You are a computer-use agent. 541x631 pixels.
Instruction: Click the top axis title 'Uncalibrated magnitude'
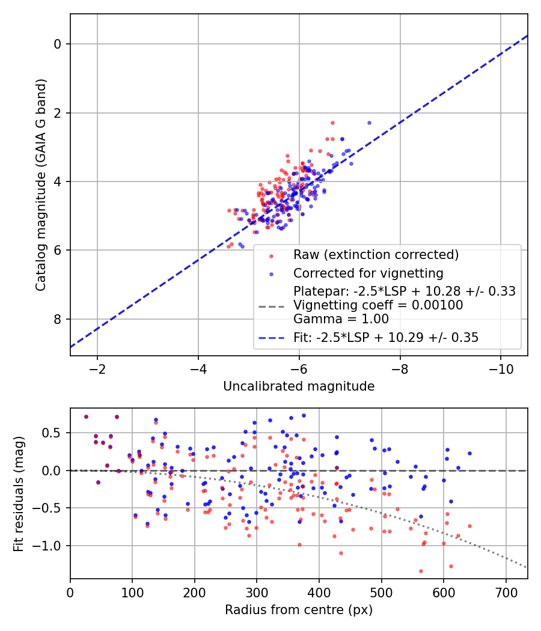pos(299,386)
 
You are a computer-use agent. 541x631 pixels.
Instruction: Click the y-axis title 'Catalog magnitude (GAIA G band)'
pos(41,185)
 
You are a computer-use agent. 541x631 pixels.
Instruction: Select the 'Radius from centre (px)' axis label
pos(299,610)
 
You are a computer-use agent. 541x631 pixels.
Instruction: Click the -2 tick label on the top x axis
pos(97,369)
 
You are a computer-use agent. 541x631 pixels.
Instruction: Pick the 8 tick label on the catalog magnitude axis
pos(58,319)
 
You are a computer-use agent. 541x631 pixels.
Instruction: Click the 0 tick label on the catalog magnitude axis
pos(58,44)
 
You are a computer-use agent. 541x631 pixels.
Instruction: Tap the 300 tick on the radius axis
pos(257,593)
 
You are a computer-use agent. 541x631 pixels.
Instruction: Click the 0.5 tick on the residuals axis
pos(54,433)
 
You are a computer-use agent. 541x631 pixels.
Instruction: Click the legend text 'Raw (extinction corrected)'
pos(376,255)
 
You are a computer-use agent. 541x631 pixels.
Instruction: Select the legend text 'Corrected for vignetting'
pos(368,273)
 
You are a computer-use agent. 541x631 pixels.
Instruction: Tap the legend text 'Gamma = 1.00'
pos(341,319)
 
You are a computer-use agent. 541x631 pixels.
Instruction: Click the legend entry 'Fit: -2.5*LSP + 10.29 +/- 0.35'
pos(386,338)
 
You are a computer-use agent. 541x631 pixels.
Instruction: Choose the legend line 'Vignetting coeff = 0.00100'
pos(378,305)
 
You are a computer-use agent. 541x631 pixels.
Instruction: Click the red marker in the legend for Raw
pos(271,255)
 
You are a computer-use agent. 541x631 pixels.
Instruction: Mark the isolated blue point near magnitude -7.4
pos(369,123)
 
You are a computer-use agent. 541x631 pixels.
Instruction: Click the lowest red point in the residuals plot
pos(421,571)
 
